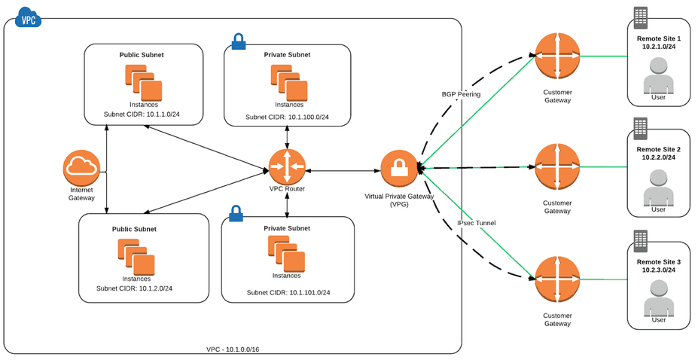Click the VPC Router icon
[x=287, y=167]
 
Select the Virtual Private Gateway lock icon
[x=399, y=169]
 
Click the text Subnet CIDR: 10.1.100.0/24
[x=287, y=117]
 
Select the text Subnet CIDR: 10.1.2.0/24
[x=135, y=288]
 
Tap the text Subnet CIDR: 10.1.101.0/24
[x=288, y=292]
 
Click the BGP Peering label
[x=461, y=94]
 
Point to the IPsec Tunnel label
[x=476, y=223]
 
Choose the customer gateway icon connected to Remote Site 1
[x=557, y=56]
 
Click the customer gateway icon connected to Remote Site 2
[x=557, y=167]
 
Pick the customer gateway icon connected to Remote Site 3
[x=557, y=278]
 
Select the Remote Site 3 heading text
[x=658, y=262]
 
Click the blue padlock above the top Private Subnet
[x=239, y=41]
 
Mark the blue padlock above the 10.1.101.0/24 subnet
[x=236, y=213]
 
